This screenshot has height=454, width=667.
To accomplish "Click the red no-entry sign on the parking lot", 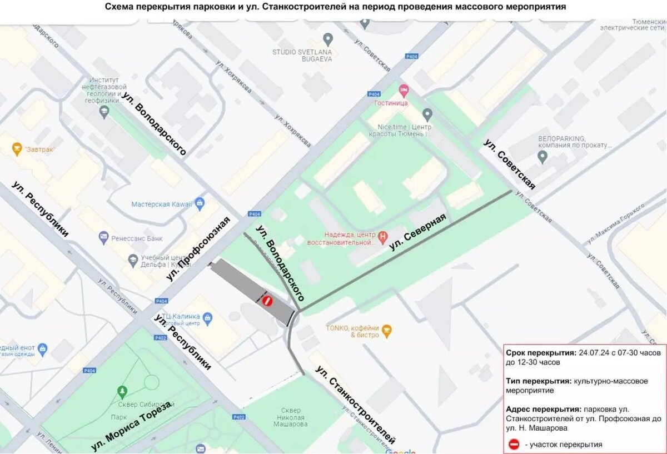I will pyautogui.click(x=267, y=301).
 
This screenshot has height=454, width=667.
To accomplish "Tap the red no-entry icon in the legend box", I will pyautogui.click(x=514, y=444).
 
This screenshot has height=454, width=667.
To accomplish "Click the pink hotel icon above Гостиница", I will pyautogui.click(x=404, y=90).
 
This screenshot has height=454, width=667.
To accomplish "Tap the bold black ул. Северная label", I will pyautogui.click(x=417, y=232).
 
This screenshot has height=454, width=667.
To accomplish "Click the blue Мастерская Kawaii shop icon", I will pyautogui.click(x=200, y=204).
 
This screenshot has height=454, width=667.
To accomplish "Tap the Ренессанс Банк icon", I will pyautogui.click(x=103, y=238).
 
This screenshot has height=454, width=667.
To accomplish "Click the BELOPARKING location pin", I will pyautogui.click(x=543, y=157).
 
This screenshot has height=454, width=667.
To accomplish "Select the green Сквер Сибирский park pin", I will pyautogui.click(x=122, y=392).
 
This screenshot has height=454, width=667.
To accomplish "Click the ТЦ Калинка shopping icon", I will pyautogui.click(x=207, y=318).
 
